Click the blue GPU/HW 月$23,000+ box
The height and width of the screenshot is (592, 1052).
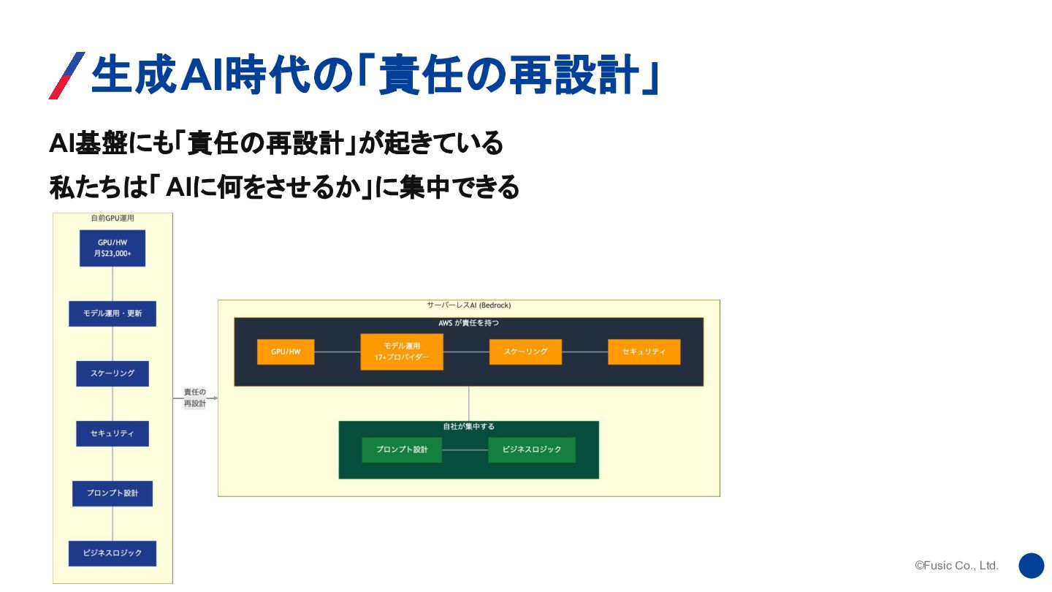(113, 248)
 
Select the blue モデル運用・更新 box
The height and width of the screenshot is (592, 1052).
(113, 314)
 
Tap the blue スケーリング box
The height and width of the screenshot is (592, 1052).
(113, 373)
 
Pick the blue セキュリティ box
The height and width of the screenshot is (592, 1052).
(113, 433)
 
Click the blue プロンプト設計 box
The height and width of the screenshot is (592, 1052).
(113, 493)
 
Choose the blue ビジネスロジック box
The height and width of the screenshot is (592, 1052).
(113, 553)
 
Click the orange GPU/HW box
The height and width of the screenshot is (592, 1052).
(286, 352)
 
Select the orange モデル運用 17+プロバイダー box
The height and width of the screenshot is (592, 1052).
(402, 352)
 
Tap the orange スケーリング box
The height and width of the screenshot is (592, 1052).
(525, 352)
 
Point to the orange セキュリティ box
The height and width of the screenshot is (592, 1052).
(644, 352)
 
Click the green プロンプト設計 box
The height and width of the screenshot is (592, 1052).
(402, 449)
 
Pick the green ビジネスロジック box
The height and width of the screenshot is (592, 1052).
(532, 449)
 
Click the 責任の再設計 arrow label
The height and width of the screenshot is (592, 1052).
(195, 398)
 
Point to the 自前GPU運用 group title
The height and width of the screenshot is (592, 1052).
(113, 218)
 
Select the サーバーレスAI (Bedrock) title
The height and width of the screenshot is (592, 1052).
(469, 306)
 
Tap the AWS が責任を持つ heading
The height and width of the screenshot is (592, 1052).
(469, 322)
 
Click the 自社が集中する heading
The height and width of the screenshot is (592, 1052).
(469, 426)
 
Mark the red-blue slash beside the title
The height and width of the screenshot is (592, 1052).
(66, 75)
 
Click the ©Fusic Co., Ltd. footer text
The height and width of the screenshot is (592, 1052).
(956, 566)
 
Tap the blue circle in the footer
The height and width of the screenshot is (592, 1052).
(1032, 566)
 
